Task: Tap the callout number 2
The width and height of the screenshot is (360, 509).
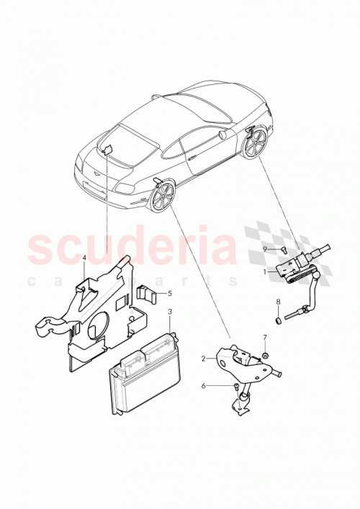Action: (204, 358)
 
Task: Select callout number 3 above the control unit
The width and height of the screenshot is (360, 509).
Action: (169, 312)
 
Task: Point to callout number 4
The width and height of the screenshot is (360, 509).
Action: (84, 258)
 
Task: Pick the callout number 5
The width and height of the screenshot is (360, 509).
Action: (169, 293)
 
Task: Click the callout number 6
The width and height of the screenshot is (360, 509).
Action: (204, 386)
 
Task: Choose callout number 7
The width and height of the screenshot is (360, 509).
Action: (264, 337)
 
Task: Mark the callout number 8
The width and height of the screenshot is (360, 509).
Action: (278, 302)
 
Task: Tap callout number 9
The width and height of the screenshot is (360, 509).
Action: (264, 249)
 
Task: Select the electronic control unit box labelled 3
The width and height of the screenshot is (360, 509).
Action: (144, 372)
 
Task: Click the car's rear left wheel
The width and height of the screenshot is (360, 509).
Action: (163, 197)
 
